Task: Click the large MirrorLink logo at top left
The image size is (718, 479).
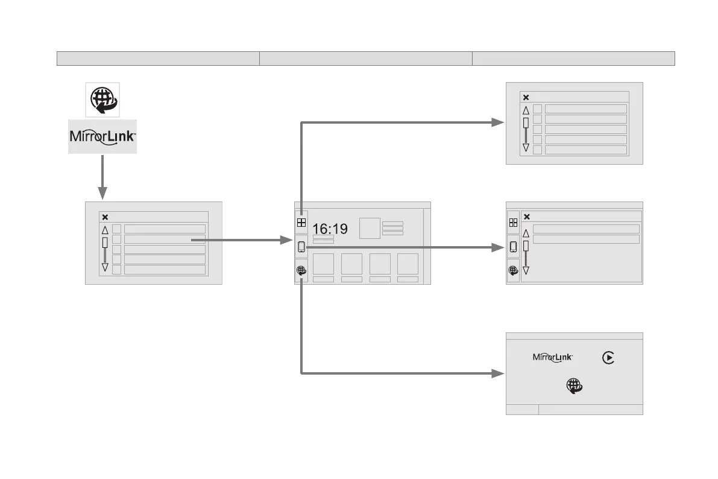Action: tap(102, 136)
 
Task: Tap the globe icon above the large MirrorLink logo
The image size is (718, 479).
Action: tap(102, 100)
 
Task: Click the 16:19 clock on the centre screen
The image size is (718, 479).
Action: tap(330, 229)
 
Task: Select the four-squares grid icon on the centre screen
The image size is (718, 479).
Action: tap(301, 222)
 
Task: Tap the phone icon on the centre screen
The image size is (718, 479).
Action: tap(301, 246)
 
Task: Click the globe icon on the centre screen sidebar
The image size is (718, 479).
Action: tap(301, 271)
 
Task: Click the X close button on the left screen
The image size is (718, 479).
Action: tap(105, 217)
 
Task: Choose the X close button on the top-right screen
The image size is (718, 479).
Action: tap(526, 97)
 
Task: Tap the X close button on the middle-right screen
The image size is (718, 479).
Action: tap(526, 217)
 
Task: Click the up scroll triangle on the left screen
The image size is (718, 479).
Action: tap(105, 230)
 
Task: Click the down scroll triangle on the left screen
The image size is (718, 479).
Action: tap(105, 267)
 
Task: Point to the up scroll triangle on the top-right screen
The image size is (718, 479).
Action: tap(526, 110)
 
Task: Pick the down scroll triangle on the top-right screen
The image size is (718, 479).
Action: tap(526, 148)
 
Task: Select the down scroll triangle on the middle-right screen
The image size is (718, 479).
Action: tap(526, 270)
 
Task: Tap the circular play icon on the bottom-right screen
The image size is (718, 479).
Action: tap(608, 358)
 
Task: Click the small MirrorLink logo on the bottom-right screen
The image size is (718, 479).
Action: tap(552, 358)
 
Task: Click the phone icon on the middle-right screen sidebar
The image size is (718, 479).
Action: tap(513, 246)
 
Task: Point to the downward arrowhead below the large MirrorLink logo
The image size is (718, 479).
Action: tap(102, 192)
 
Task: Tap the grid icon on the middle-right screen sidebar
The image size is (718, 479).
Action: tap(513, 223)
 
